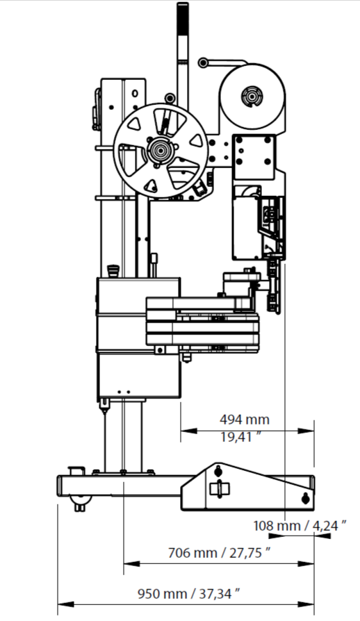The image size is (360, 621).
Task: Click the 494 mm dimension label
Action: coord(245,419)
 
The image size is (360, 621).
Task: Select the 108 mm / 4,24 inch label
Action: coord(300,526)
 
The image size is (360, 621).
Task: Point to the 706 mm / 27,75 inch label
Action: coord(220,552)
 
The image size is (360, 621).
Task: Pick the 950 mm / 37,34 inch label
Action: coord(189,593)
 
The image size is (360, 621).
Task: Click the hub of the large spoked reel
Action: coord(161,151)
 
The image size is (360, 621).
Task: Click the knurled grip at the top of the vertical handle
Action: coord(183,19)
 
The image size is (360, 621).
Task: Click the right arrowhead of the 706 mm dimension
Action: coord(306,563)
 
